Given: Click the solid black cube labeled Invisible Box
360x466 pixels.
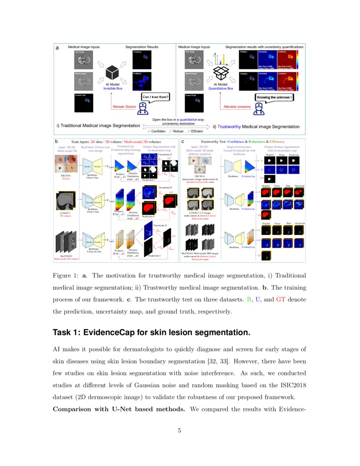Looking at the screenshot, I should tap(112, 73).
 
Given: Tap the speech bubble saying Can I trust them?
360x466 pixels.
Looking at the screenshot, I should tap(156, 97).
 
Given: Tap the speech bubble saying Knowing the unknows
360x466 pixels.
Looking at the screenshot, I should tap(273, 97).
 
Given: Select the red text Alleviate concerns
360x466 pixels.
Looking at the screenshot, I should tap(237, 107).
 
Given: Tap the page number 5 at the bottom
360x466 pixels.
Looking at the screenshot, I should tap(180, 431).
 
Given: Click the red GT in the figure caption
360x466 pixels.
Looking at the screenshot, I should tap(281, 300).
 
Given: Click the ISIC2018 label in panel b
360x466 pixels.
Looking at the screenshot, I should tap(63, 176).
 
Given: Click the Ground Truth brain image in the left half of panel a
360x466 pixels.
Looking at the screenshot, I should tap(83, 102).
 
